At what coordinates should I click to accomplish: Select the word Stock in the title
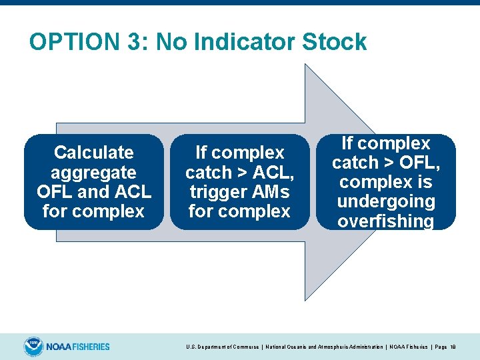(335, 42)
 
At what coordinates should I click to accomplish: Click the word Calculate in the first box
(93, 153)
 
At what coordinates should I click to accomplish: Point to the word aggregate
(93, 172)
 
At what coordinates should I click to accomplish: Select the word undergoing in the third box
(386, 201)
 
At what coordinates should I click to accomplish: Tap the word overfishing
(386, 221)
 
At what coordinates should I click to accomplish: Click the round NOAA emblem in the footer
(33, 346)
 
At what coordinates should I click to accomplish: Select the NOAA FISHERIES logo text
(78, 347)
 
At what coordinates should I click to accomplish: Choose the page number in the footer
(453, 347)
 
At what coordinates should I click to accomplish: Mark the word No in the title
(171, 42)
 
